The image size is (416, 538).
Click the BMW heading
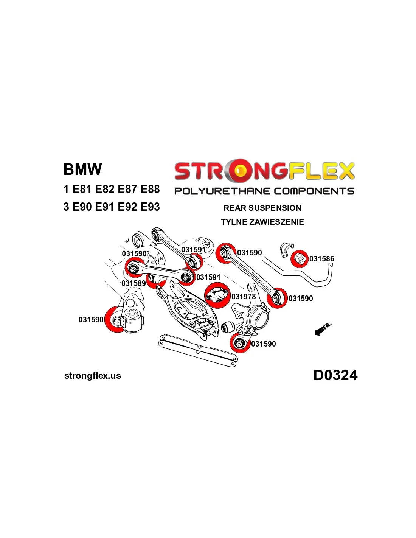pyautogui.click(x=82, y=169)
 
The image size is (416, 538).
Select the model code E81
pyautogui.click(x=82, y=189)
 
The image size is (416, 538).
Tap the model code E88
pyautogui.click(x=150, y=189)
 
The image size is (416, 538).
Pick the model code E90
pyautogui.click(x=82, y=207)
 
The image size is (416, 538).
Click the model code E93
pyautogui.click(x=150, y=207)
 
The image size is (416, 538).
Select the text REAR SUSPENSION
pyautogui.click(x=262, y=208)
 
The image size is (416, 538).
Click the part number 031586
pyautogui.click(x=321, y=259)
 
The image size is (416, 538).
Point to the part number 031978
pyautogui.click(x=244, y=297)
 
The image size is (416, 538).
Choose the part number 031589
pyautogui.click(x=133, y=283)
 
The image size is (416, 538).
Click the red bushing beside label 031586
pyautogui.click(x=300, y=259)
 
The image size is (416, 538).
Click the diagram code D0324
pyautogui.click(x=335, y=375)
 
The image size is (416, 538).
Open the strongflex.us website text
pyautogui.click(x=93, y=376)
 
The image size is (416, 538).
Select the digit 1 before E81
pyautogui.click(x=66, y=189)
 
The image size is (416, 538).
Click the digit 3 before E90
pyautogui.click(x=66, y=207)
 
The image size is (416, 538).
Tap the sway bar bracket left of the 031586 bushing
pyautogui.click(x=286, y=250)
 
